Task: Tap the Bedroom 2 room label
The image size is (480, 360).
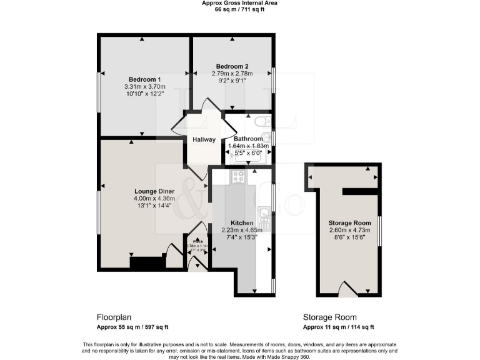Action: (232, 66)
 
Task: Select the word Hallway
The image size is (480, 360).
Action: (204, 140)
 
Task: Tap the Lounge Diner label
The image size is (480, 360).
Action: (153, 191)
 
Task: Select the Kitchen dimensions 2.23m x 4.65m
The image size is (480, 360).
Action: (242, 230)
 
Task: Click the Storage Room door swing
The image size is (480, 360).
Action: (346, 289)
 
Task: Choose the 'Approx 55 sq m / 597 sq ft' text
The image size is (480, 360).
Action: (132, 327)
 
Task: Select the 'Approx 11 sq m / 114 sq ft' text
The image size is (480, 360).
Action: (338, 327)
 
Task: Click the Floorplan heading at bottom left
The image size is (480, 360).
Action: (114, 317)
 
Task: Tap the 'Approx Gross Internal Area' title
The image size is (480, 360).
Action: (240, 3)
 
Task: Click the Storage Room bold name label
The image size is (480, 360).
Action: (350, 223)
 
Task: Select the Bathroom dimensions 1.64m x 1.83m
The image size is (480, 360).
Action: (249, 146)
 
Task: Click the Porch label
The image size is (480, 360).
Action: (197, 241)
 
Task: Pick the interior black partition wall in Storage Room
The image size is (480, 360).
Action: (360, 190)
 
